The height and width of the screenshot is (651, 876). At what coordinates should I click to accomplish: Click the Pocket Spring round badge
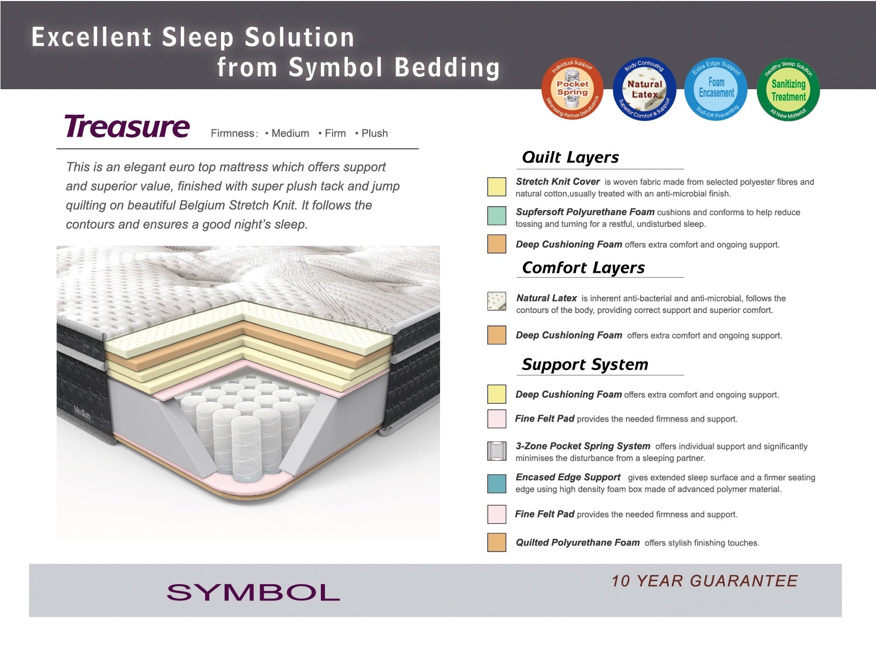coord(572,89)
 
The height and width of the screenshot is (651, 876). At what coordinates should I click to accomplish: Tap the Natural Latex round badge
coord(645,89)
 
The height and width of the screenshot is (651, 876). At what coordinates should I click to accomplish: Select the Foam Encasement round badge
coord(716,89)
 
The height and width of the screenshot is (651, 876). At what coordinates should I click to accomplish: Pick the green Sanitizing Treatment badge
coord(788,89)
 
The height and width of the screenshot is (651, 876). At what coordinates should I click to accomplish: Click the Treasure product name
coord(127,126)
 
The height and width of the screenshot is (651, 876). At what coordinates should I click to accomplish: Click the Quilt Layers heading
coord(570,157)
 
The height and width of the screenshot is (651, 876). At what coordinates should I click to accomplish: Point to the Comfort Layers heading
coord(583,268)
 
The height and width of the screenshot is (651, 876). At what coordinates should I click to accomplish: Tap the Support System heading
coord(585,364)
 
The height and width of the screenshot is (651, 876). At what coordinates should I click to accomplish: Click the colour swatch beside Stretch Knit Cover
coord(497,187)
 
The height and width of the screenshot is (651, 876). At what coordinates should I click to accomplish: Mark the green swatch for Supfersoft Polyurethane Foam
coord(497,216)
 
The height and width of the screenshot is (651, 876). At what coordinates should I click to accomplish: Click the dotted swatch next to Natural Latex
coord(497,301)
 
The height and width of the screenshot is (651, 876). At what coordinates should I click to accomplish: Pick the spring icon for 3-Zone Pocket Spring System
coord(497,451)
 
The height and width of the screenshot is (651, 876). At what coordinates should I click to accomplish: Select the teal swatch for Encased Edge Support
coord(497,484)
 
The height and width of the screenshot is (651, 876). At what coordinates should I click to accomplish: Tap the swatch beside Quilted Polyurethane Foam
coord(497,542)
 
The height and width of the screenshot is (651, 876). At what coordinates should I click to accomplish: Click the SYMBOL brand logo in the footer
coord(253,592)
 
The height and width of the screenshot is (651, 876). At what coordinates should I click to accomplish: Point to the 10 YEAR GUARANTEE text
coord(705,581)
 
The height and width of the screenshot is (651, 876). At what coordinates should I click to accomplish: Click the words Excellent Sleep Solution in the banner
coord(193,37)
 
